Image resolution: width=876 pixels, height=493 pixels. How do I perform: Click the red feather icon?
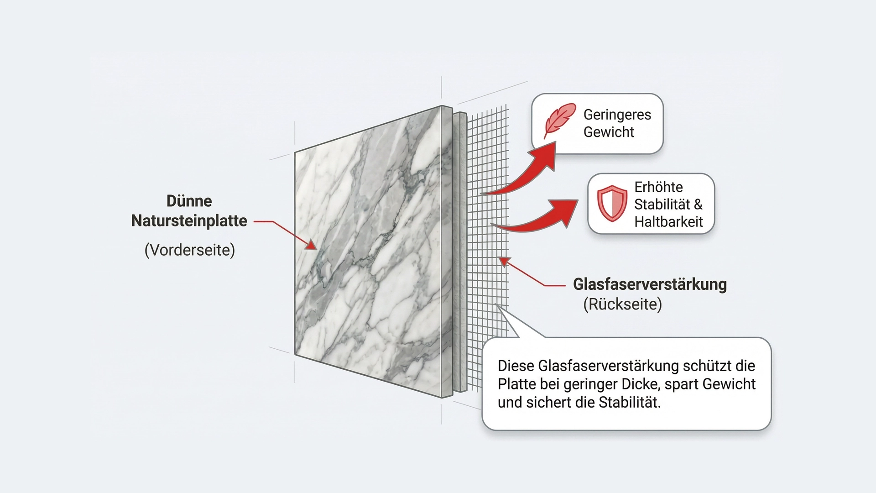[x=559, y=121]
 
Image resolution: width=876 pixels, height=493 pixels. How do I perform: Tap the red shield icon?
[x=612, y=204]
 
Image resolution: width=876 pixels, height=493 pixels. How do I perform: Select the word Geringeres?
[x=617, y=115]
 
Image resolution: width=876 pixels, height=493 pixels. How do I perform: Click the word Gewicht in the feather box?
[x=609, y=132]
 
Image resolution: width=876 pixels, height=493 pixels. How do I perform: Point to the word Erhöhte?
[x=658, y=187]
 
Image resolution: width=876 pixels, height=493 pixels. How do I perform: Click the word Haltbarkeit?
[x=668, y=222]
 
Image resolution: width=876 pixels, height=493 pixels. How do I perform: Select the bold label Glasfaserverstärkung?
[x=650, y=284]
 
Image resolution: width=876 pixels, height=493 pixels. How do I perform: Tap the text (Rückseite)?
[x=622, y=304]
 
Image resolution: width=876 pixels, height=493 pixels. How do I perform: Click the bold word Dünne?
[x=189, y=201]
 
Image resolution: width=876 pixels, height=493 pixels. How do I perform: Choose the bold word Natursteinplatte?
[x=189, y=221]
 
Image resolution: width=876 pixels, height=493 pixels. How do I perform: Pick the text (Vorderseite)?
[x=189, y=250]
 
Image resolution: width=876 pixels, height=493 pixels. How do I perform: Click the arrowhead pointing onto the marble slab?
[x=312, y=245]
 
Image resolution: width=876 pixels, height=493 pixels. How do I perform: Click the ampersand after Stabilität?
[x=698, y=205]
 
